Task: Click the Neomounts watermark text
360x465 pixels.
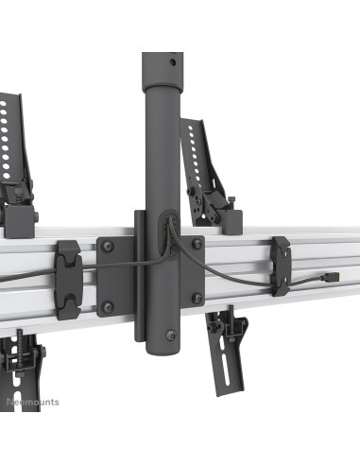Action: (x=33, y=402)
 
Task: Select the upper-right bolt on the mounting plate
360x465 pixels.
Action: (x=196, y=243)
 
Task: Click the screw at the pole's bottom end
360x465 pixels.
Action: (x=169, y=334)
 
